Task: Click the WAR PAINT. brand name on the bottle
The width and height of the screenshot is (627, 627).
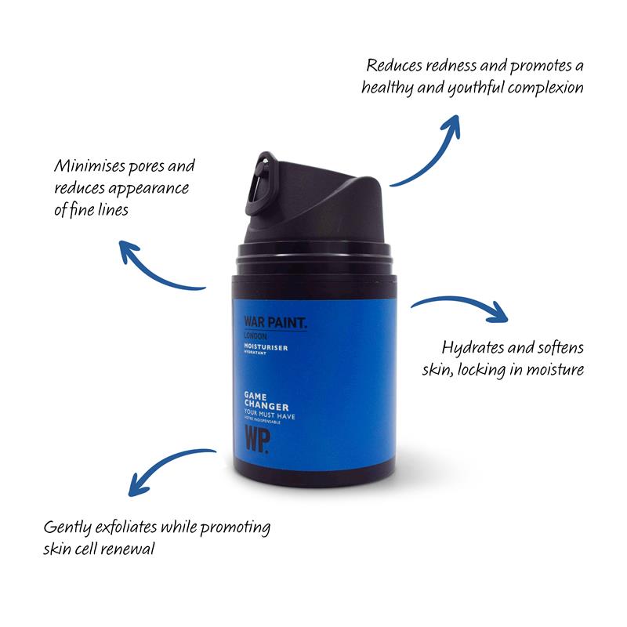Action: (x=276, y=323)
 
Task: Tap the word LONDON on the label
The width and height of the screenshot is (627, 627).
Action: (x=256, y=336)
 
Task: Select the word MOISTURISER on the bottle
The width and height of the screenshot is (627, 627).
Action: (x=266, y=347)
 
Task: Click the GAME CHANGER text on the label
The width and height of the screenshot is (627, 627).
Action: (x=266, y=401)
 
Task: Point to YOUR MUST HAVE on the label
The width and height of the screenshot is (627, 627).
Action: (x=270, y=415)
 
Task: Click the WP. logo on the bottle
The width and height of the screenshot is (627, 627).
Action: (x=257, y=440)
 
